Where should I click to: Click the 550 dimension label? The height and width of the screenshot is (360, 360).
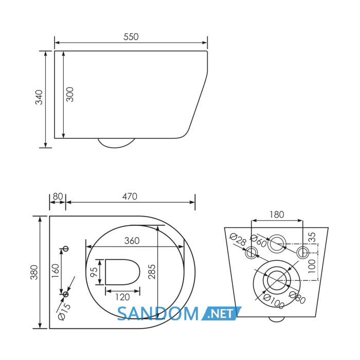(131, 37)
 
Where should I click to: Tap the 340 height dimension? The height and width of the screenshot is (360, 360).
(39, 97)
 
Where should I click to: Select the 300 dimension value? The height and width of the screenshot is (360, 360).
(70, 94)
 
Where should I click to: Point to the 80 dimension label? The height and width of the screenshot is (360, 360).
(58, 196)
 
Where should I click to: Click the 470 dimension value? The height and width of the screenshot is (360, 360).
(130, 196)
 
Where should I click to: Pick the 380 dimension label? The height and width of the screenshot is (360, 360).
(34, 272)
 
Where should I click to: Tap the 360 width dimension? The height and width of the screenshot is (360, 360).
(132, 241)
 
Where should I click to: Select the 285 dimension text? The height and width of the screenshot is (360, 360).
(152, 272)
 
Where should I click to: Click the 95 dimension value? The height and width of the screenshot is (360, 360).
(94, 272)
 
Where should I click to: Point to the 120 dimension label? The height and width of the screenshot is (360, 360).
(122, 297)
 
